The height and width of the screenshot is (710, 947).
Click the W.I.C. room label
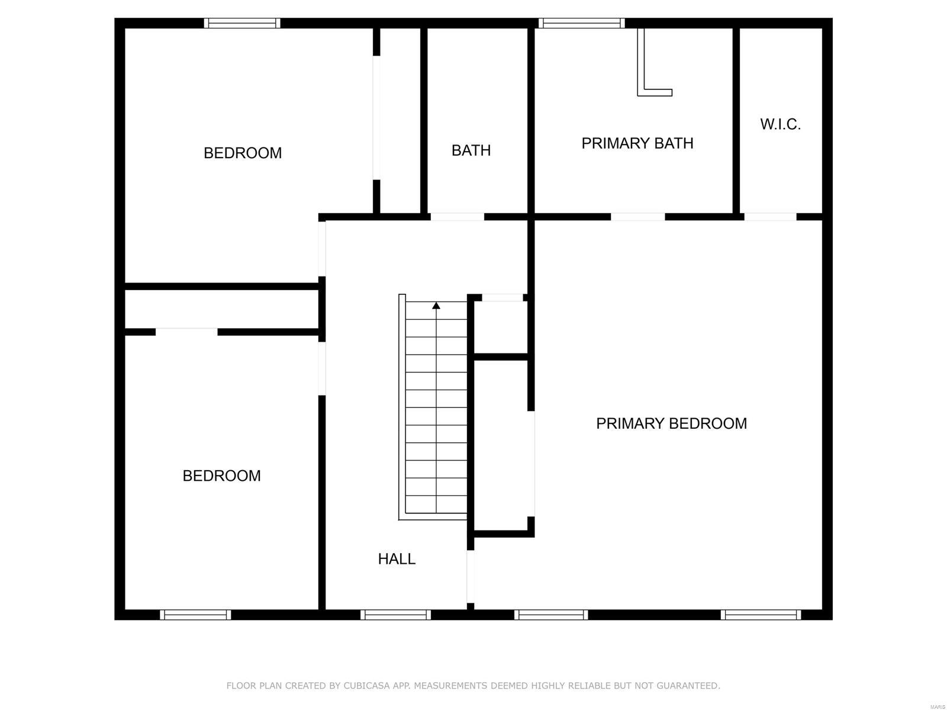point(780,124)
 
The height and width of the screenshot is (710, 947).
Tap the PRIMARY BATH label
point(637,143)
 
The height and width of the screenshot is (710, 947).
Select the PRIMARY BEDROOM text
point(671,423)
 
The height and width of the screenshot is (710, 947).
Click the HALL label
point(397,559)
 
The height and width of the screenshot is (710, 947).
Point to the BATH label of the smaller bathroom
point(471,150)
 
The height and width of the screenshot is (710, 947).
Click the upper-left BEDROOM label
point(243,153)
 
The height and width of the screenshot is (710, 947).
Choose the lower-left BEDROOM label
point(221,476)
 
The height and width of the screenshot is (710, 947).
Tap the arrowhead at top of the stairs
point(436,306)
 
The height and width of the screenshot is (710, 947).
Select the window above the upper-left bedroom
point(242,23)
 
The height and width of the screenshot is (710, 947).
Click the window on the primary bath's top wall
point(582,23)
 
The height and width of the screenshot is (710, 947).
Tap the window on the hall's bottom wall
point(395,615)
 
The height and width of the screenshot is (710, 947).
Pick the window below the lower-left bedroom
point(195,615)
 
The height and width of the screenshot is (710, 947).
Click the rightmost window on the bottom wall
point(761,615)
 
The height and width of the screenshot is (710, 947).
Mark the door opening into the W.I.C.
point(770,217)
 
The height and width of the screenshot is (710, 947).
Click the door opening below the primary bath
point(637,217)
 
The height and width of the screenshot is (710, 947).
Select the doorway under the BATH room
point(457,217)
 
